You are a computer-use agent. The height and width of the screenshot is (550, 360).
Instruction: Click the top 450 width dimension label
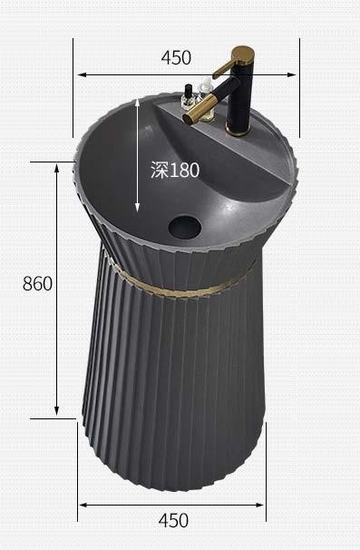176,58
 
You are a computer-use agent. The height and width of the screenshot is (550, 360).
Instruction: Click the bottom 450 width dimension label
173,520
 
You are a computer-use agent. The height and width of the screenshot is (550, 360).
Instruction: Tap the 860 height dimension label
37,283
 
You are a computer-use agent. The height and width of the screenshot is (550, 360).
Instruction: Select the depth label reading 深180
175,170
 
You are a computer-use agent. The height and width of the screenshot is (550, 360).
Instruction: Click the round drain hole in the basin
184,227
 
